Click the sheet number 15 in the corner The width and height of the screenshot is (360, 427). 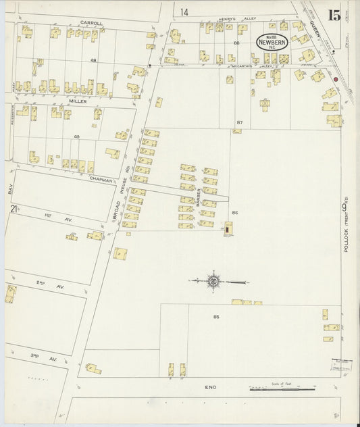pyautogui.click(x=334, y=16)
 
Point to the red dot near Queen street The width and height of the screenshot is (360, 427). pyautogui.click(x=335, y=79)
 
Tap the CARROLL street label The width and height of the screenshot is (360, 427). pyautogui.click(x=91, y=22)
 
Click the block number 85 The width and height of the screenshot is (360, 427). pyautogui.click(x=216, y=316)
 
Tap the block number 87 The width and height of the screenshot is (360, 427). pyautogui.click(x=239, y=122)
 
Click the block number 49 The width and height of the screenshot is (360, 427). pyautogui.click(x=77, y=137)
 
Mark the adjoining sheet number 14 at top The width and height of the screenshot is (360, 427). pyautogui.click(x=184, y=12)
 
